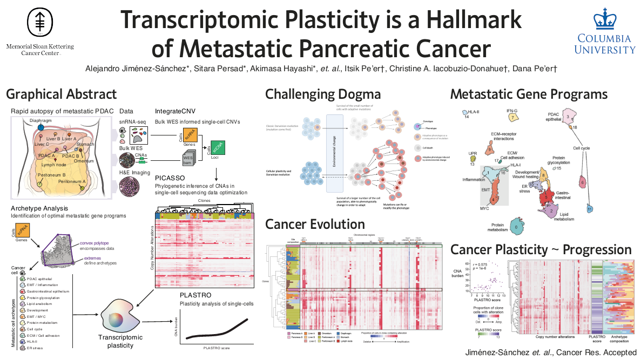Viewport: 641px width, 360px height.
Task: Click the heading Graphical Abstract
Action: pos(61,94)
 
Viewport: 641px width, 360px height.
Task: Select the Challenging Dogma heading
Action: pos(322,94)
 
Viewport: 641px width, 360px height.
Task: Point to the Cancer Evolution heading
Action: pos(315,223)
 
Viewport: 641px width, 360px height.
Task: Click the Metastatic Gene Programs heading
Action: pos(529,94)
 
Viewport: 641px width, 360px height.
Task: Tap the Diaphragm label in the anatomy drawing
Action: pos(42,121)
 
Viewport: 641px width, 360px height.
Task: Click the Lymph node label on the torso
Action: pos(53,164)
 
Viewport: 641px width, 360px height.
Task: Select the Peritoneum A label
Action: pos(73,182)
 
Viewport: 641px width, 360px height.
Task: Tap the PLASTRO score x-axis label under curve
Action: pos(216,349)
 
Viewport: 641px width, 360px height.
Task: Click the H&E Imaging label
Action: pos(134,172)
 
